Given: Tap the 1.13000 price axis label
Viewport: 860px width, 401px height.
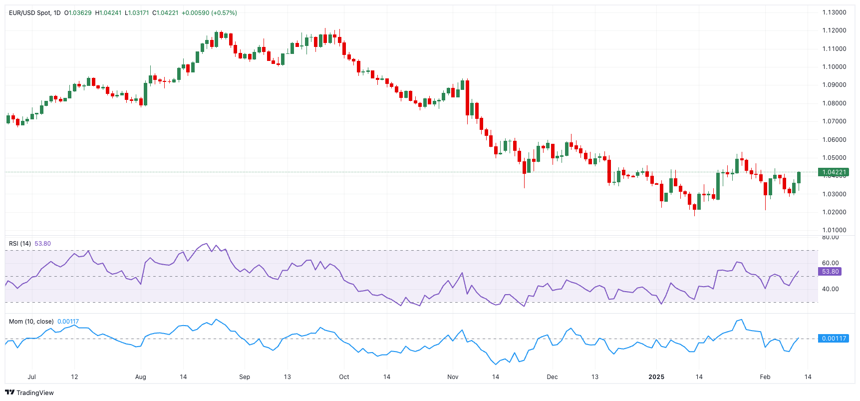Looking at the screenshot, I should click(834, 12).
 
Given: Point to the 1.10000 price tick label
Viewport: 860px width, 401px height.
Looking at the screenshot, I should click(834, 67).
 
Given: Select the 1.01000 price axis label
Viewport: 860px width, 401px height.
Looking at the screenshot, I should click(834, 230).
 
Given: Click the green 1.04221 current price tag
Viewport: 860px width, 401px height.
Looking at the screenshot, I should click(834, 172).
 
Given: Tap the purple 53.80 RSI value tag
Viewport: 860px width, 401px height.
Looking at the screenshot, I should click(830, 272).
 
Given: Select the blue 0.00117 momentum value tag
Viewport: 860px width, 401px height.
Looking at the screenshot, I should click(834, 339).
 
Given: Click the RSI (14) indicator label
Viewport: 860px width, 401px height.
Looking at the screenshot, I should click(20, 244).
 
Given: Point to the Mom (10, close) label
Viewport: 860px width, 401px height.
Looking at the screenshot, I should click(31, 322).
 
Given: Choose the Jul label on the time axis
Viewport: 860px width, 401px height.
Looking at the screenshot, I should click(32, 377).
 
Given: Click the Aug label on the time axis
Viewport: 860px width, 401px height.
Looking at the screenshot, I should click(141, 377).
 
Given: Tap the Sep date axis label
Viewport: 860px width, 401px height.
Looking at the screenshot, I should click(245, 377).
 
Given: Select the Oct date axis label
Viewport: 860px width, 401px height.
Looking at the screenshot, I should click(344, 377).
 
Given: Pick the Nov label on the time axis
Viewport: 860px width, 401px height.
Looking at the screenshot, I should click(453, 377).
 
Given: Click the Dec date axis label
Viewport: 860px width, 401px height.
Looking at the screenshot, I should click(552, 377).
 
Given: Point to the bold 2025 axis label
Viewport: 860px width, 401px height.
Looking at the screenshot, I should click(656, 377).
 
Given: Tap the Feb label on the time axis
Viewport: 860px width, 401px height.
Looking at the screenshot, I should click(765, 377).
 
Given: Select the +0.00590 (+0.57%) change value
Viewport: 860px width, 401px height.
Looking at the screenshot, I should click(209, 13).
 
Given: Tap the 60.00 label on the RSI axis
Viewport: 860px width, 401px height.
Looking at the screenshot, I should click(831, 263).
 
